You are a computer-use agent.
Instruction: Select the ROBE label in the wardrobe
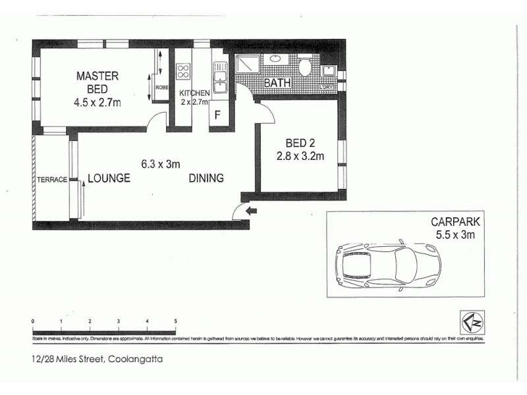(x=161, y=86)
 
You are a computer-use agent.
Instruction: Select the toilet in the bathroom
(x=305, y=68)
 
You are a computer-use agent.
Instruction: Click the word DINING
(x=206, y=178)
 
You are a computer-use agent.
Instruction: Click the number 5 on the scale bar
(x=175, y=321)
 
